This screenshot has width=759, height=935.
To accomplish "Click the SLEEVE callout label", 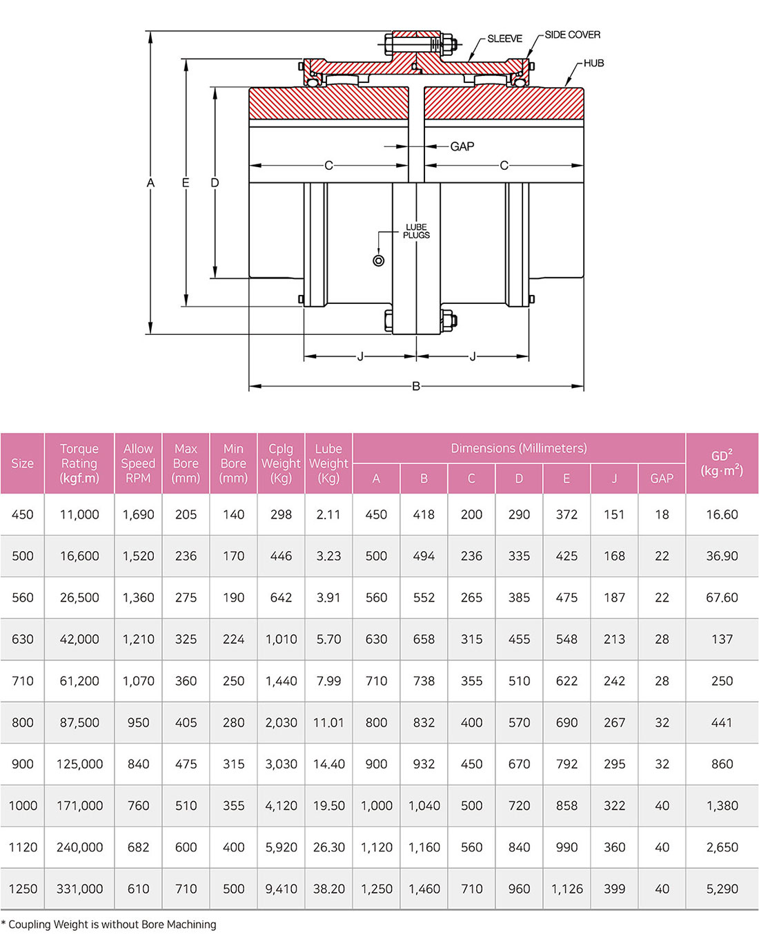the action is tap(504, 39).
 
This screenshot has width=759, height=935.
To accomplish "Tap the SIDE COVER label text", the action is tap(572, 35).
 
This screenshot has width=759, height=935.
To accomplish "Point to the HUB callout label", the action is tap(593, 64).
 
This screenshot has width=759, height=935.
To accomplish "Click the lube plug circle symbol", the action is tap(378, 261).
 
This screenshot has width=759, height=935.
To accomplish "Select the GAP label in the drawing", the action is tap(462, 146).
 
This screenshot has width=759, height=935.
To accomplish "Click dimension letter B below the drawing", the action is tap(416, 386).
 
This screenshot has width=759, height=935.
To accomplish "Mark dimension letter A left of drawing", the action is tap(150, 182).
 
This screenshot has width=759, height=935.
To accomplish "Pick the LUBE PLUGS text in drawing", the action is tap(416, 231).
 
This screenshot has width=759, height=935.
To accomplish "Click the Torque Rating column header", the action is tap(79, 463).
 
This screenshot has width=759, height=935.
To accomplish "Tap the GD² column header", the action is tap(722, 463).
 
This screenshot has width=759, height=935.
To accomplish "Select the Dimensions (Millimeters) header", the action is tap(519, 448).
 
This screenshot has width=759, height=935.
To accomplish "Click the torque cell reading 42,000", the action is tap(79, 639).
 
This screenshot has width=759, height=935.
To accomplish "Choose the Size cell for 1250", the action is tap(23, 889).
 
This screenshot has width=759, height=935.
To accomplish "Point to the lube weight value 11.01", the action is tap(328, 722).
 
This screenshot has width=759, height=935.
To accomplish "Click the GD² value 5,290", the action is tap(722, 889).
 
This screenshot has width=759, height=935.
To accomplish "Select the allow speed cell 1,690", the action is tap(138, 514).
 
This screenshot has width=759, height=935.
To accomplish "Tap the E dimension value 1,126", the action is tap(566, 889).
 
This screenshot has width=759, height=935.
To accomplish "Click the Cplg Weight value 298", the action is tap(281, 514).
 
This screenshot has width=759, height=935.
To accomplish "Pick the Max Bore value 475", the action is tap(186, 764).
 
